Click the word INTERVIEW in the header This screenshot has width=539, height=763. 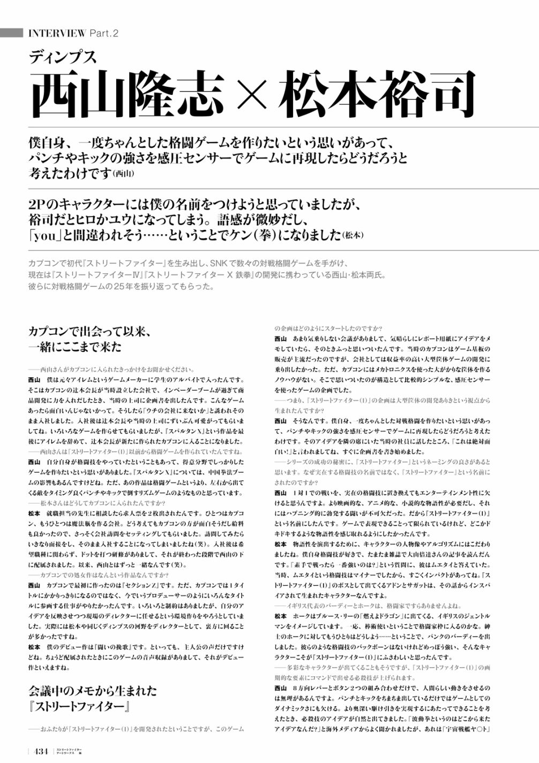pos(56,33)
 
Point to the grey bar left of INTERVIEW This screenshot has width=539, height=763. pos(11,33)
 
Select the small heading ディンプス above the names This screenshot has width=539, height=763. pos(63,56)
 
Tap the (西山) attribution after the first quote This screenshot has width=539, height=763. pos(124,174)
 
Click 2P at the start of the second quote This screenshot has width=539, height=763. pos(39,205)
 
